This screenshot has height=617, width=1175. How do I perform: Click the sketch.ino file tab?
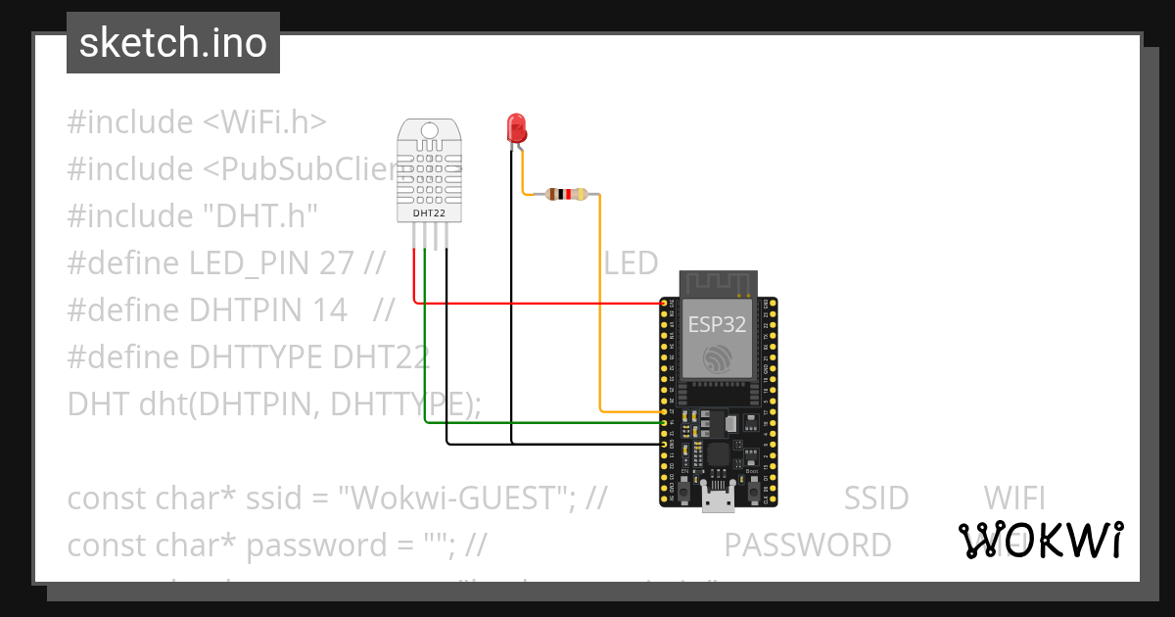[172, 43]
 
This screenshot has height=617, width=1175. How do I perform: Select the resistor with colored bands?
[566, 194]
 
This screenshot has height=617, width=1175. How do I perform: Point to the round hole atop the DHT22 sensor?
[430, 130]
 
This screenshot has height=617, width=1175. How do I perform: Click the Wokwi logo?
[1040, 540]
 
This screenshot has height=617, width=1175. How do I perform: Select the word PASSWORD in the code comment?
[807, 545]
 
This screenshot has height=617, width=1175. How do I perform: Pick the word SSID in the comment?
[875, 498]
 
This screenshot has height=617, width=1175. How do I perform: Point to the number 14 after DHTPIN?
[329, 310]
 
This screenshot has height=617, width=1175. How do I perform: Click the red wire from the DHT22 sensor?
[539, 303]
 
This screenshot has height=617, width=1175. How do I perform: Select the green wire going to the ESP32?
[539, 422]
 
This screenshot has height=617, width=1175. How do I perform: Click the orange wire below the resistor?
[599, 313]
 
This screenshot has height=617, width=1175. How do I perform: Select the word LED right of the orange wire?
[631, 263]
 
